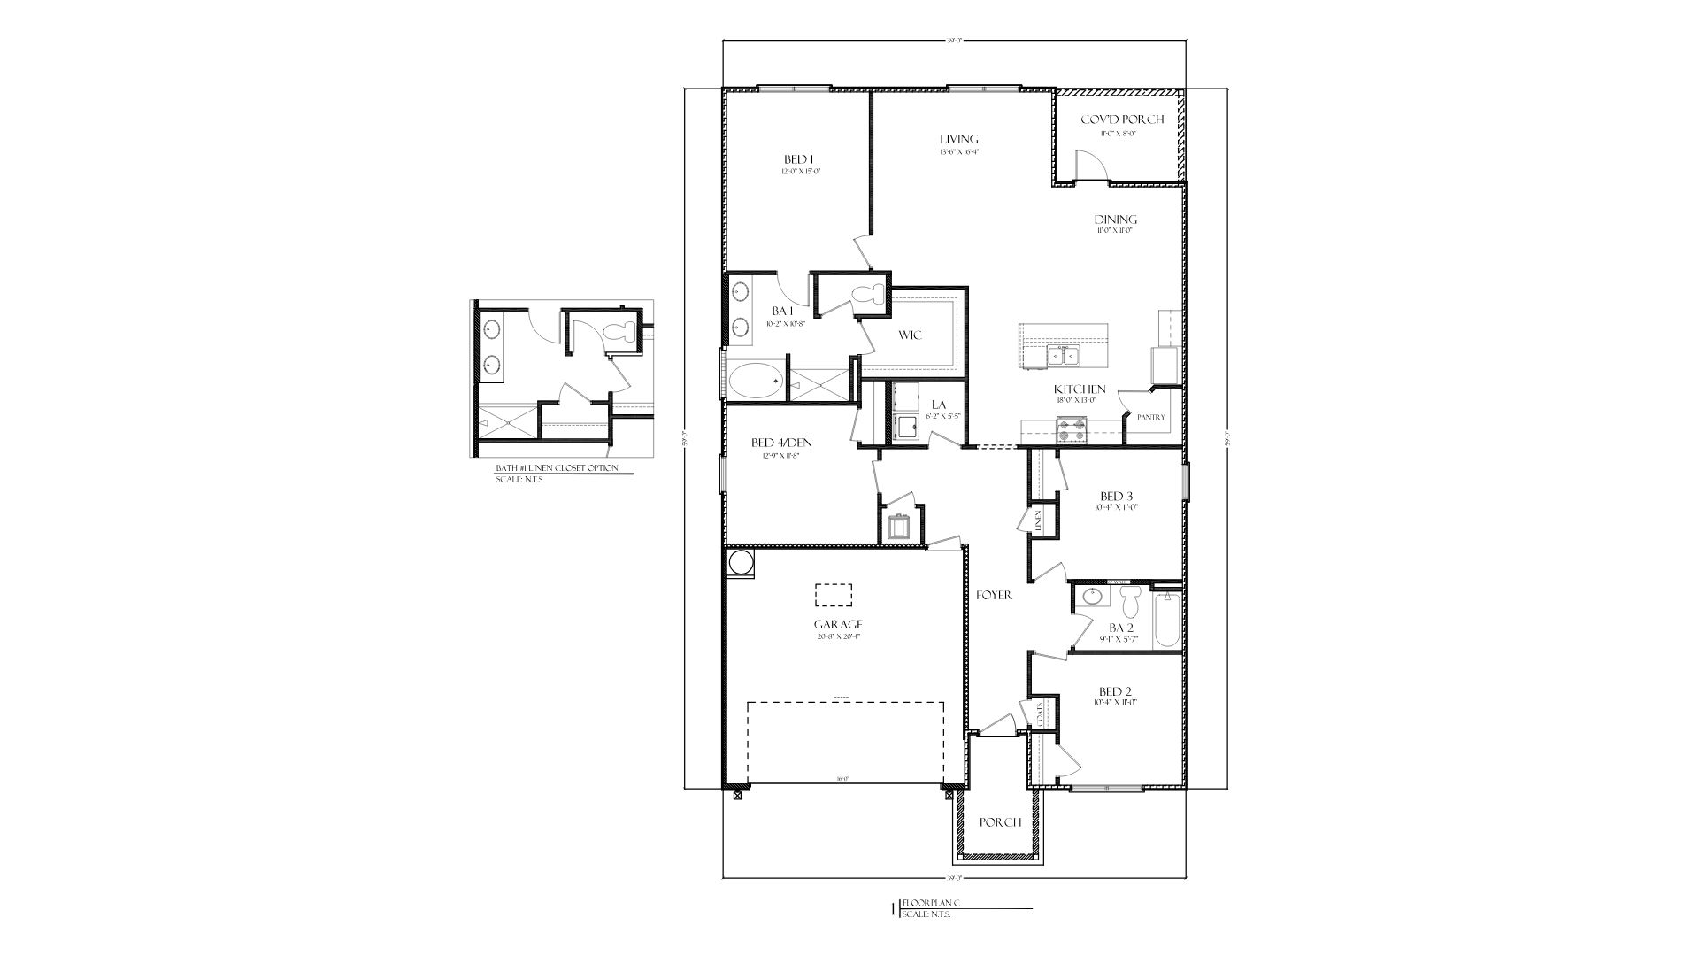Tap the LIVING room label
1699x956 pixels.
point(959,139)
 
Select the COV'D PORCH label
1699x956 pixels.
point(1122,119)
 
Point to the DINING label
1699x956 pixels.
point(1115,220)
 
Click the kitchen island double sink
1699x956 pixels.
point(1063,356)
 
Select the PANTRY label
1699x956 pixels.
point(1151,418)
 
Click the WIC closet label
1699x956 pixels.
point(910,335)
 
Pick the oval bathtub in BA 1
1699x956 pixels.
point(755,382)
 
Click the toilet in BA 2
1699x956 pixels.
point(1129,604)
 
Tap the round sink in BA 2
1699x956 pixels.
point(1092,597)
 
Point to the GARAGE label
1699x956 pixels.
point(839,624)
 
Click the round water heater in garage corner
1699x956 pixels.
point(740,562)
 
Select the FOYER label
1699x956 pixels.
point(994,596)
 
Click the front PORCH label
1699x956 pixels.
point(1001,822)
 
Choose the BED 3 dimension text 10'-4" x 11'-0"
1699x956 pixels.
point(1115,508)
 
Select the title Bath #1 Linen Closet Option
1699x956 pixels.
point(557,468)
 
